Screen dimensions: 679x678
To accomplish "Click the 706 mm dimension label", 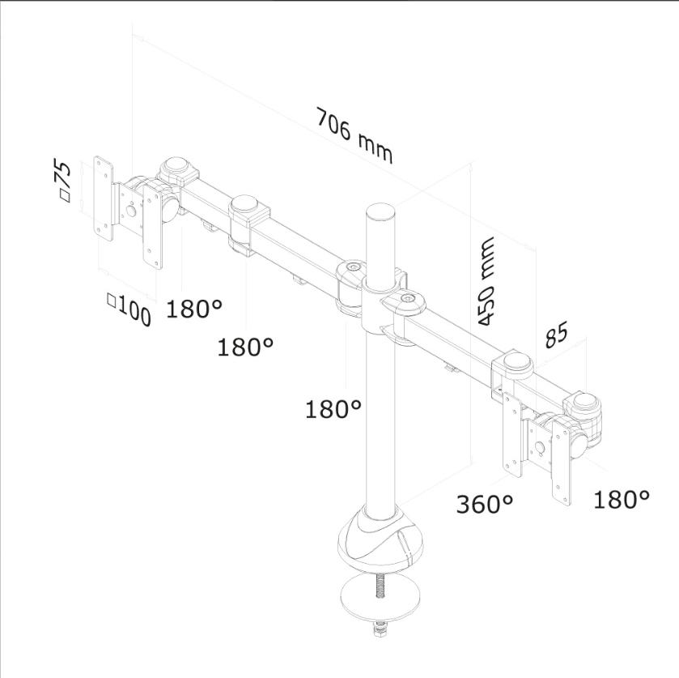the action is click(x=354, y=136).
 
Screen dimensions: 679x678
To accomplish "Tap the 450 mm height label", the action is click(x=486, y=281).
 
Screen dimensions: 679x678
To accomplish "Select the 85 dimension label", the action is click(x=556, y=335).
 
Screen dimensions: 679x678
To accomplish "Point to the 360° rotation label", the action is click(x=485, y=504).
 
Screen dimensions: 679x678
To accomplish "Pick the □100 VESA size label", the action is click(x=129, y=309).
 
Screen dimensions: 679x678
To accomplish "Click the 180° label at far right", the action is click(x=621, y=499).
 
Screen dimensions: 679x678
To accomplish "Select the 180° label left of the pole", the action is click(x=333, y=408).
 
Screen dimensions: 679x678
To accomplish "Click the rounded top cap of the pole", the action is click(x=381, y=212).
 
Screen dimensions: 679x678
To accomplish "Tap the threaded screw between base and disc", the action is click(x=380, y=585).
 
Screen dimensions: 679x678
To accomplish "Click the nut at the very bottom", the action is click(x=380, y=628).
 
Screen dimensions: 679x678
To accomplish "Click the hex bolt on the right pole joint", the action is click(x=407, y=298).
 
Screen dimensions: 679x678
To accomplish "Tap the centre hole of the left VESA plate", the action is click(x=130, y=211).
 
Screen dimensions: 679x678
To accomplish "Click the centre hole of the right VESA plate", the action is click(x=540, y=446).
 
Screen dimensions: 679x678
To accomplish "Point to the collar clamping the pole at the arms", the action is click(x=381, y=304).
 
